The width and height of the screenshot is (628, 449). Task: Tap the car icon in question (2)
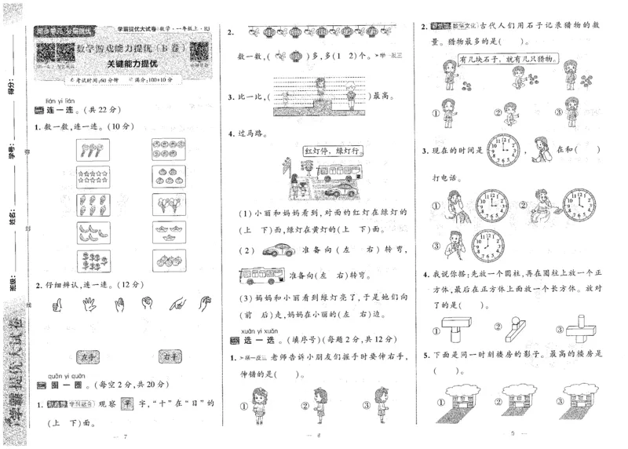pos(279,250)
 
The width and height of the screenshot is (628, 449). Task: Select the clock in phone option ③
pos(488,246)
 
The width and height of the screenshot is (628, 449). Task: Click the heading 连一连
pos(59,111)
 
